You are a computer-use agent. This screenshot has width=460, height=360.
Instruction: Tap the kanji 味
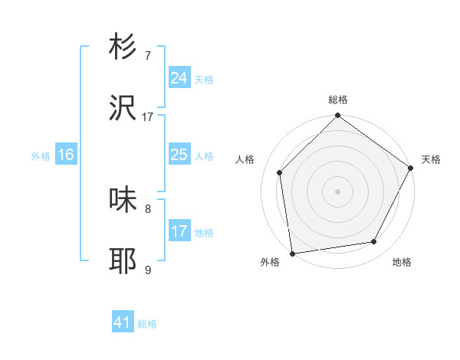123,201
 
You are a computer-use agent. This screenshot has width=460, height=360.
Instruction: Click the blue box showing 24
179,78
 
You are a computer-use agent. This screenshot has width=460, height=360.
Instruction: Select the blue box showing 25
179,155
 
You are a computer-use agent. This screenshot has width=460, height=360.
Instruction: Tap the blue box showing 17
179,231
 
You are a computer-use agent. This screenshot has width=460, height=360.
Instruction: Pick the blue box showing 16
66,155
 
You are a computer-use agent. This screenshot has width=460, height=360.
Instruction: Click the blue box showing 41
123,322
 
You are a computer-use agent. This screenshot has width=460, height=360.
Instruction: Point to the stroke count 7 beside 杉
148,56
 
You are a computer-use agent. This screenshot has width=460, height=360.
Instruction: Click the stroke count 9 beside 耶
148,270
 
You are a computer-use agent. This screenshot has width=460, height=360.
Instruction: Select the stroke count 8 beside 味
148,208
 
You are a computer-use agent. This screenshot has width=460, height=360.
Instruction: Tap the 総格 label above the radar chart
338,100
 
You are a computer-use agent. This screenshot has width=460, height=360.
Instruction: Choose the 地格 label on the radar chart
402,263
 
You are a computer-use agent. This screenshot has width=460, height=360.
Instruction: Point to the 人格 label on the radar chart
245,160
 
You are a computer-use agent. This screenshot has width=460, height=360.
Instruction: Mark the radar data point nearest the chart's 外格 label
292,253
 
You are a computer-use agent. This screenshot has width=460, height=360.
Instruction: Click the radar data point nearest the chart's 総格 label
338,116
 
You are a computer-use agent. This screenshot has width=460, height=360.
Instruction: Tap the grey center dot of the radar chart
338,190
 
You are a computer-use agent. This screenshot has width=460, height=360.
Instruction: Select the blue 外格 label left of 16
41,156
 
